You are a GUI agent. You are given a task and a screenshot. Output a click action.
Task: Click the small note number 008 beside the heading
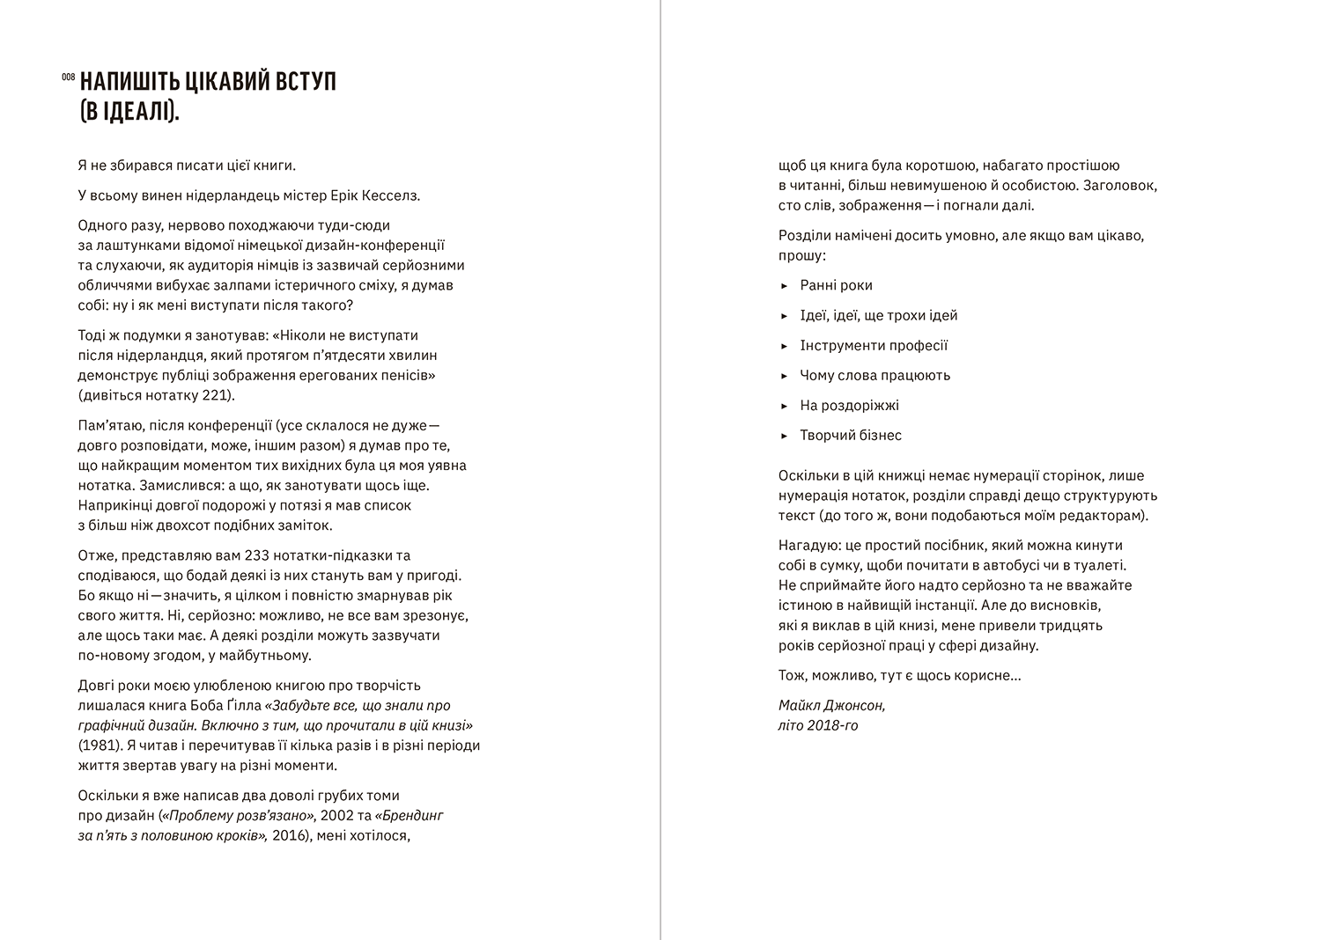tap(68, 77)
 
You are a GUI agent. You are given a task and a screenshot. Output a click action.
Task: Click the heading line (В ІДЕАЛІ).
tap(129, 113)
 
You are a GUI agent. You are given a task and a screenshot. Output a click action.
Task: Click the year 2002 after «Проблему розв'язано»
tap(338, 815)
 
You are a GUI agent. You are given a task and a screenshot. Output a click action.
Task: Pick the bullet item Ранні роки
tap(836, 285)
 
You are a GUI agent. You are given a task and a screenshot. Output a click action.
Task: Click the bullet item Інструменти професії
tap(874, 345)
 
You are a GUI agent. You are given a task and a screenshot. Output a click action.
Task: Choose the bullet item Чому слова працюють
tap(875, 375)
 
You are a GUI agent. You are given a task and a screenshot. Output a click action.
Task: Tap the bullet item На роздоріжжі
tap(849, 405)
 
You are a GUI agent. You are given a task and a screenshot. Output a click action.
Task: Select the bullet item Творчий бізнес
tap(851, 435)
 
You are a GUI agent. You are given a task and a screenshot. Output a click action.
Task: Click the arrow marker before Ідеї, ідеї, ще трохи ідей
tap(784, 316)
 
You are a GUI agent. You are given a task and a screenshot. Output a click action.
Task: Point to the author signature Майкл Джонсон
tap(831, 705)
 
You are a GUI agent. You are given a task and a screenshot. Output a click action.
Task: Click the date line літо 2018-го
tap(817, 725)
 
